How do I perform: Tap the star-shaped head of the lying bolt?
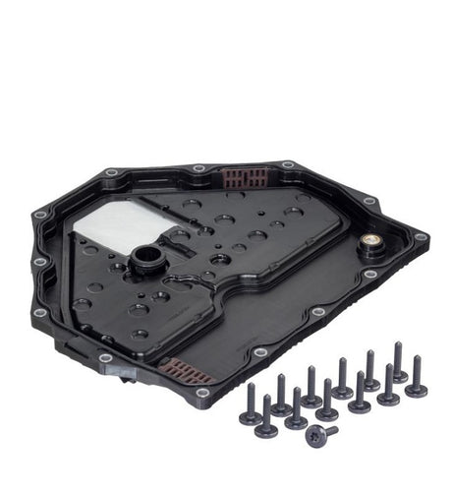pyautogui.click(x=314, y=436)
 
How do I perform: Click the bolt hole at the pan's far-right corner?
pyautogui.click(x=421, y=237)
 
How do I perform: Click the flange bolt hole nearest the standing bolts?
pyautogui.click(x=258, y=352)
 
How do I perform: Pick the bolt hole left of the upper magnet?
pyautogui.click(x=200, y=169)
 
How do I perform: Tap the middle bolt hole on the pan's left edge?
pyautogui.click(x=39, y=263)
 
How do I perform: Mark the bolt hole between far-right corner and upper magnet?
pyautogui.click(x=369, y=203)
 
